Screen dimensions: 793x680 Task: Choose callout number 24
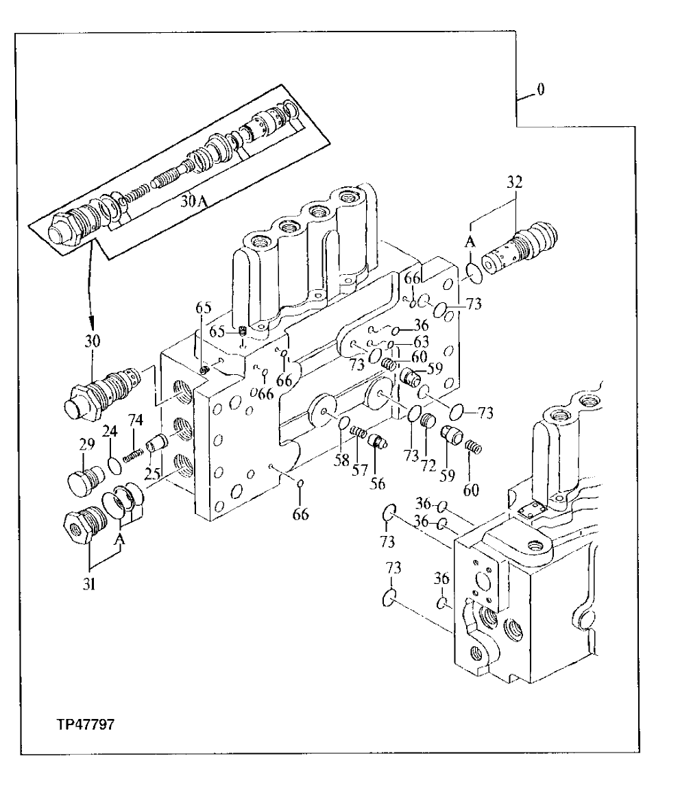tap(110, 431)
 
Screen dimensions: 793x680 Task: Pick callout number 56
tap(378, 483)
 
